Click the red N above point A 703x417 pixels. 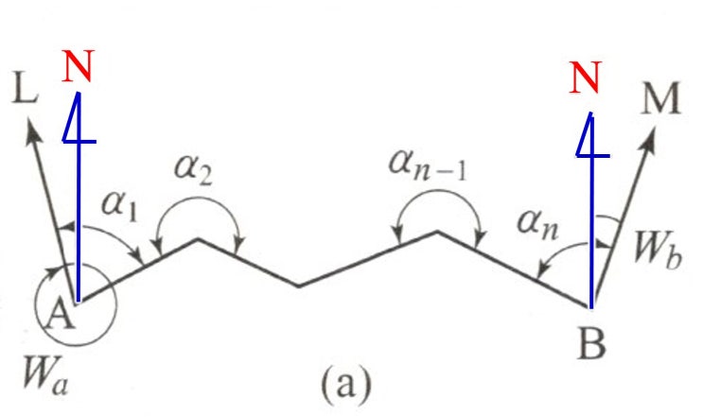[78, 66]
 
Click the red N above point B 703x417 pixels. [585, 77]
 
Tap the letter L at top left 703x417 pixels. [25, 89]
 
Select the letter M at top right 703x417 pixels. [661, 98]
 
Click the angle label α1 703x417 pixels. [119, 205]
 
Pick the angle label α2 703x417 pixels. [193, 170]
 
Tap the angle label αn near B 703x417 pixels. [537, 225]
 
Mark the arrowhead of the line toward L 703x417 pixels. [32, 130]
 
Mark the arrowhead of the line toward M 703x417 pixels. [649, 139]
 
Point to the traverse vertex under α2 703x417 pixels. [199, 239]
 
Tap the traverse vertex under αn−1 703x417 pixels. [438, 232]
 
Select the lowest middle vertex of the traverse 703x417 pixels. [299, 286]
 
